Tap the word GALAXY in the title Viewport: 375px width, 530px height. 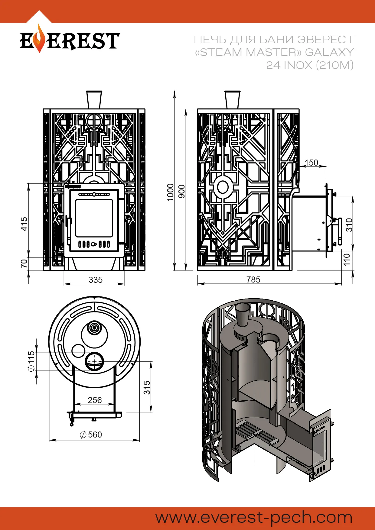329,52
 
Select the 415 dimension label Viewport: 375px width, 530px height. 24,224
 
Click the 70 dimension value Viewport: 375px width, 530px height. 24,263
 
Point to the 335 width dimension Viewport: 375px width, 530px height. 96,280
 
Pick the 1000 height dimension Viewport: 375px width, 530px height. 171,192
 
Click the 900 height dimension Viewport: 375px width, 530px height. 181,192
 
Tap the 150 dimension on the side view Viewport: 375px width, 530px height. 311,163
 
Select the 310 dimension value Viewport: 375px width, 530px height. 349,225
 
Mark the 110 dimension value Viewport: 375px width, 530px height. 347,259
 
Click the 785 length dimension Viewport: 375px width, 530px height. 253,280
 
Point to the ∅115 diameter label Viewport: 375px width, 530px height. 31,361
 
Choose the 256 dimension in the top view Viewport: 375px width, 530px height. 95,400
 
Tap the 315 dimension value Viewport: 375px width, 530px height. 147,387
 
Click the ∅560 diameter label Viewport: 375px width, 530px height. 91,435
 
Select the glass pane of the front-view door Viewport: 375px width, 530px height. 94,218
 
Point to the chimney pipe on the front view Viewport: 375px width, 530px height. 94,99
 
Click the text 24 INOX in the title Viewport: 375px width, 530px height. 289,65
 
